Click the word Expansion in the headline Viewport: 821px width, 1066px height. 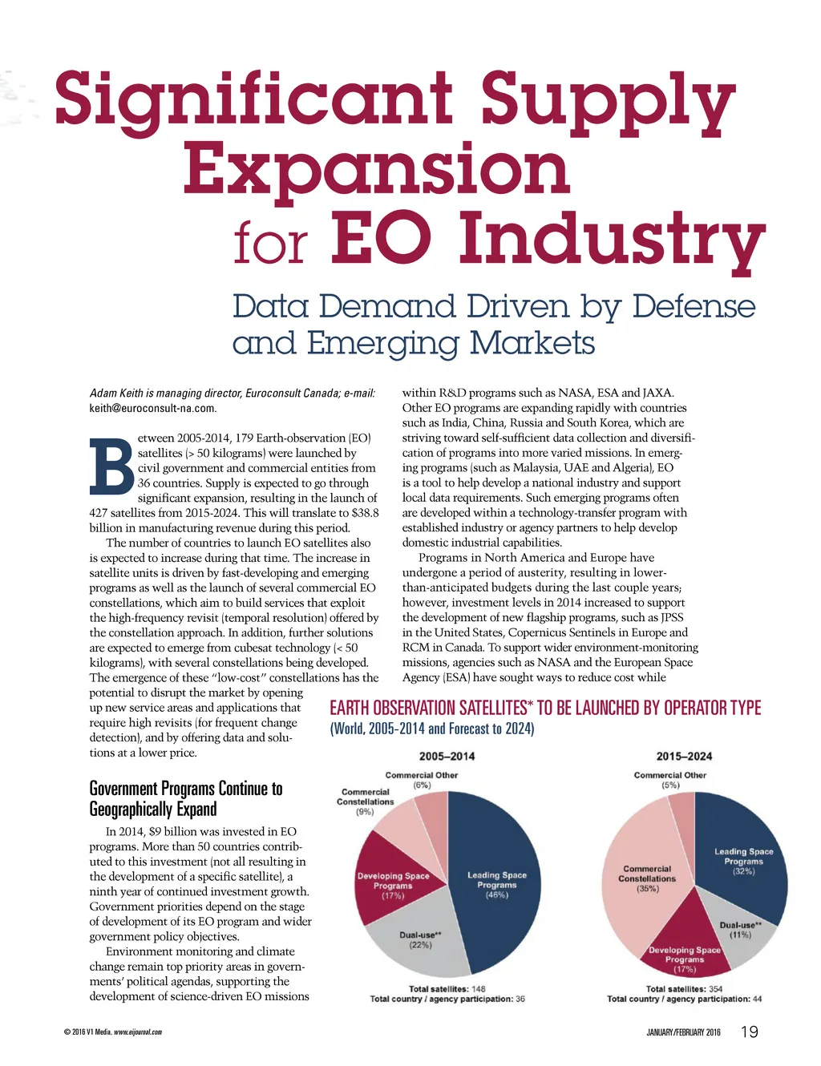376,169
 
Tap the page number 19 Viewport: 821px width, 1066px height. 750,1032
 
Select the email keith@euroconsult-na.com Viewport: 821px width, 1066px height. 152,408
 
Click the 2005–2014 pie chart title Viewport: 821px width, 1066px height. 447,756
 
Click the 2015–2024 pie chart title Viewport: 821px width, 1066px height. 684,756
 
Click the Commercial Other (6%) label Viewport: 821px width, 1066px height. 422,780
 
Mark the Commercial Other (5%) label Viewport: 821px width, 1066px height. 670,780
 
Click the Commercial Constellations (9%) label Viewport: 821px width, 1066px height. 365,802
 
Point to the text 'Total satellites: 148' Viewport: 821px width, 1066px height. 447,988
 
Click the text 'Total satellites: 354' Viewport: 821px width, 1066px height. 684,988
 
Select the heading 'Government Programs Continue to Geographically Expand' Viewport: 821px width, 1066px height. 185,798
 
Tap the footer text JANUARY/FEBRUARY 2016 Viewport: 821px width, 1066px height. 683,1032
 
